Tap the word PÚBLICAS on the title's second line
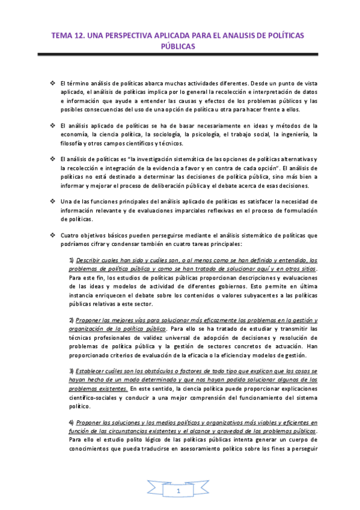[x=179, y=46]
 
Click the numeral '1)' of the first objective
[x=71, y=260]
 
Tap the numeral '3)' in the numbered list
[x=71, y=371]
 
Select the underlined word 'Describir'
[x=88, y=260]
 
